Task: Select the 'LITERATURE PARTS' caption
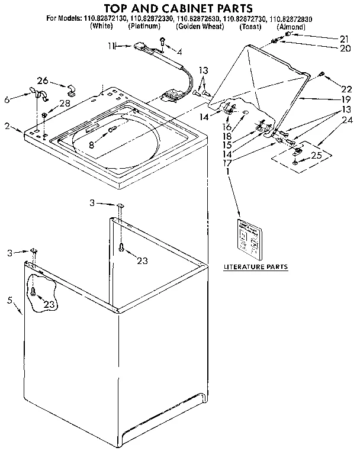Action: point(255,267)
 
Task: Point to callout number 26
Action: point(42,81)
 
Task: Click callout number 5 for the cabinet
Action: point(9,300)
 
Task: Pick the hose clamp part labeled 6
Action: point(37,93)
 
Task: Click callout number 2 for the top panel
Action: point(7,125)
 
